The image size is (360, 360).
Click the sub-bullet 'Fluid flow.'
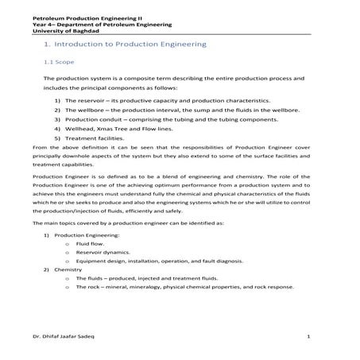(91, 245)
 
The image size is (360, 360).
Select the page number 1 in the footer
(308, 337)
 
